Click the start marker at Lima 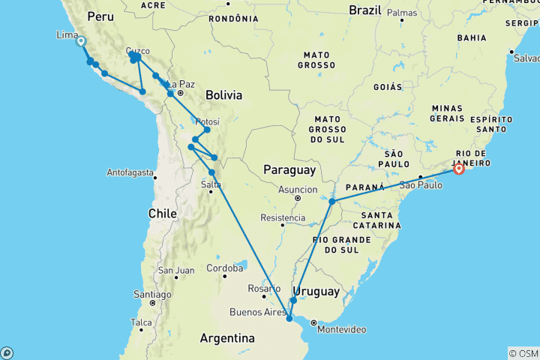pyautogui.click(x=80, y=43)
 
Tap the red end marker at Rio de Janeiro pyautogui.click(x=458, y=169)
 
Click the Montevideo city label pyautogui.click(x=342, y=329)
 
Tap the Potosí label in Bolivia pyautogui.click(x=207, y=122)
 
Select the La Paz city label pyautogui.click(x=182, y=84)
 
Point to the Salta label pyautogui.click(x=211, y=184)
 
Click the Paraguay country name pyautogui.click(x=289, y=171)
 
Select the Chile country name pyautogui.click(x=162, y=214)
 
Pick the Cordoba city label pyautogui.click(x=225, y=268)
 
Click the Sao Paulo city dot pyautogui.click(x=420, y=177)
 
